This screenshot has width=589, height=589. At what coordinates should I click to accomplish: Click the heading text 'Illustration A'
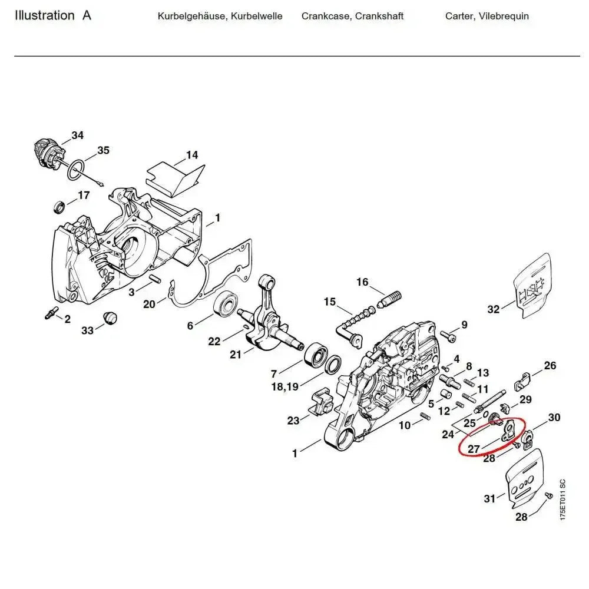coord(53,16)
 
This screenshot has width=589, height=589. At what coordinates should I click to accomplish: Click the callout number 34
coord(77,135)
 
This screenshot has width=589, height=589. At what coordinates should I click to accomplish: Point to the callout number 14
coord(192,155)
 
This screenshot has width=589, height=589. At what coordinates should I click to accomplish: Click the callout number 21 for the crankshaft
coord(236,354)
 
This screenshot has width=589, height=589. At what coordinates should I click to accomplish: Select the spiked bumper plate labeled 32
coord(534,286)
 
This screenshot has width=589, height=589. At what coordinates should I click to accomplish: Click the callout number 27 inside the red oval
coord(474,449)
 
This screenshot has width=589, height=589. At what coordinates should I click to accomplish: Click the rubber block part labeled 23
coord(320,402)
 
